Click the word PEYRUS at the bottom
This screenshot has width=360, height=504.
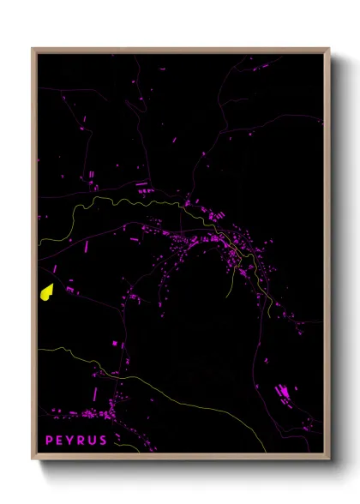click(x=76, y=441)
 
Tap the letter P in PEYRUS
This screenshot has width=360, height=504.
click(x=50, y=441)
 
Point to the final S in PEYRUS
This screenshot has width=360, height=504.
click(x=104, y=441)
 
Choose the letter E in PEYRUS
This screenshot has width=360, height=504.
click(x=60, y=441)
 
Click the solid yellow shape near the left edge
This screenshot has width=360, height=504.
click(x=46, y=291)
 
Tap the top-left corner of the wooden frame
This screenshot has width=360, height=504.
click(x=33, y=49)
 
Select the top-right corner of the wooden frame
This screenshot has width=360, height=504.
click(x=329, y=49)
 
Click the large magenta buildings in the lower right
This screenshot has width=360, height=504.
click(x=282, y=395)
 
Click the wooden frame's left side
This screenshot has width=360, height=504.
click(x=34, y=257)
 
